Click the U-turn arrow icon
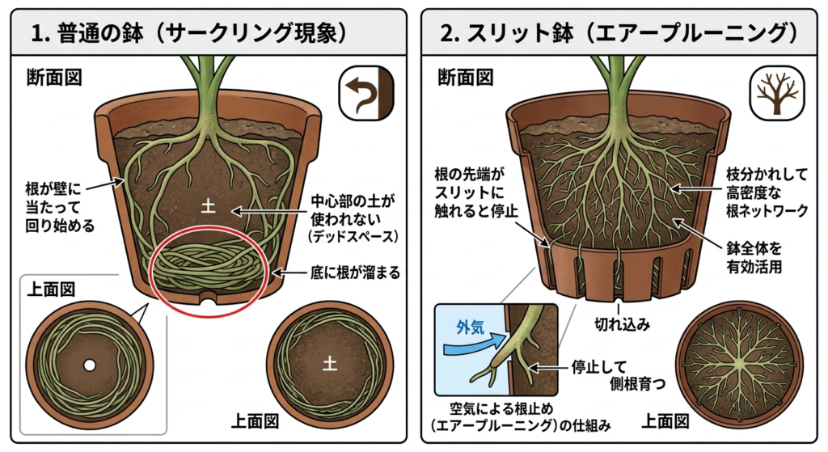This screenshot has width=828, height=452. point(364,89)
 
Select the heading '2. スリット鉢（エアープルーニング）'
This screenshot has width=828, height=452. point(619,33)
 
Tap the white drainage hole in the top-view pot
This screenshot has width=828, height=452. point(90,365)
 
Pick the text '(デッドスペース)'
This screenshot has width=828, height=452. point(348,237)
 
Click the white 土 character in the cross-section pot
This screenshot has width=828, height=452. point(209,208)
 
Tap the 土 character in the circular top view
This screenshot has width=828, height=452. point(330,364)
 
